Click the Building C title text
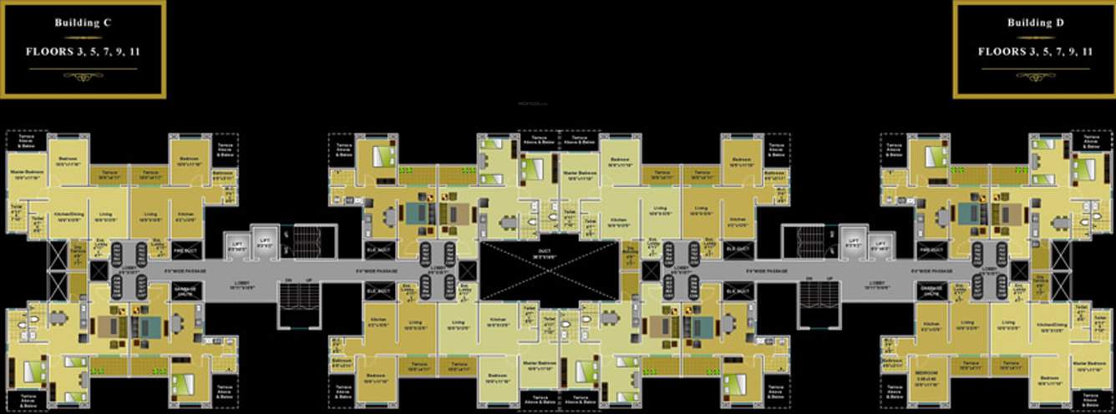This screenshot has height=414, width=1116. (x=83, y=23)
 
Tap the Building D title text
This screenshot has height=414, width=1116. (x=1035, y=23)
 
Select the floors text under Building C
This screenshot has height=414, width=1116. (x=83, y=52)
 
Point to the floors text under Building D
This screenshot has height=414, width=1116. (x=1035, y=52)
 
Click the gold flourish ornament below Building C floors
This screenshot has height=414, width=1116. (x=83, y=76)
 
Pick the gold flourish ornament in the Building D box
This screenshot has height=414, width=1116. (x=1035, y=76)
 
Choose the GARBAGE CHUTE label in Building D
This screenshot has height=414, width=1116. (x=931, y=290)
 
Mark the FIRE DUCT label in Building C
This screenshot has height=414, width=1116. (x=185, y=250)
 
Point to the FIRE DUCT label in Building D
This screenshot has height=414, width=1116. (x=931, y=250)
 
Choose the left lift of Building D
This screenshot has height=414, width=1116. (x=853, y=245)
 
